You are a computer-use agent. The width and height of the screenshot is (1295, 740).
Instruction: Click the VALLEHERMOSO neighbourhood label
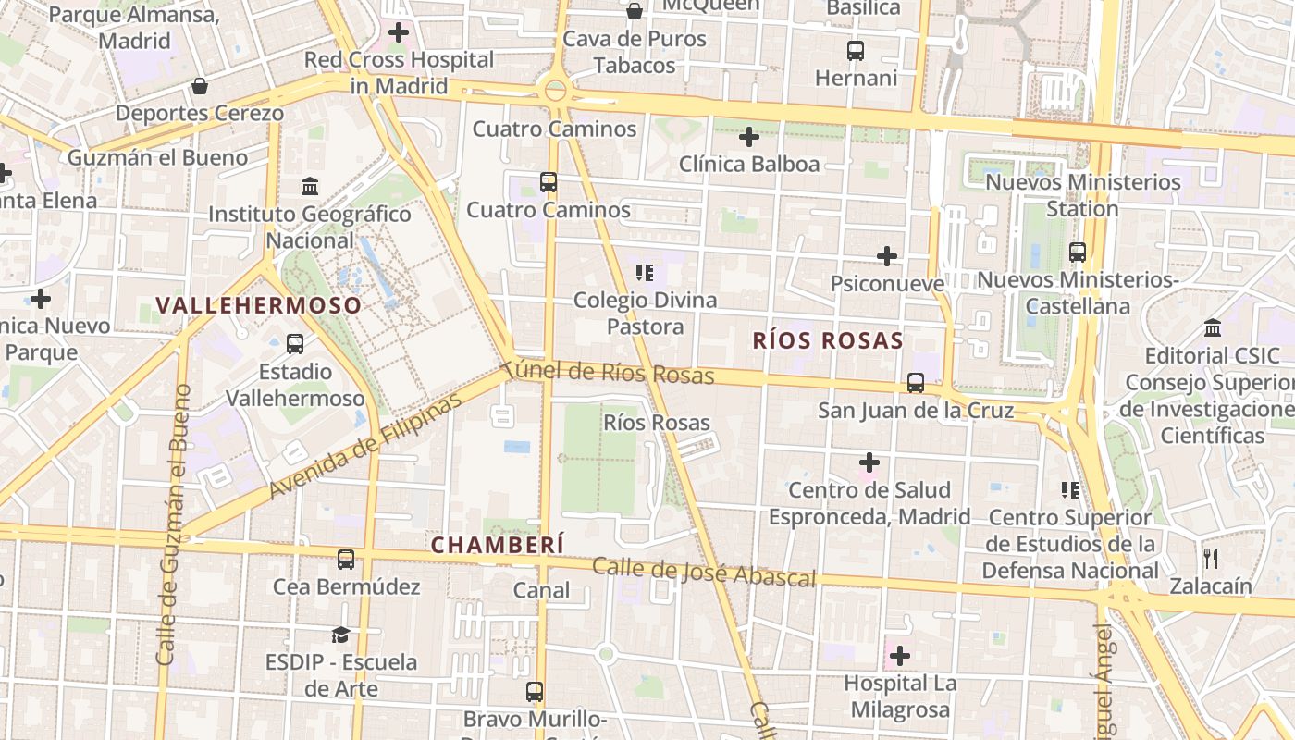258,305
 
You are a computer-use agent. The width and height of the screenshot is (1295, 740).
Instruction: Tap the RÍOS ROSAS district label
827,340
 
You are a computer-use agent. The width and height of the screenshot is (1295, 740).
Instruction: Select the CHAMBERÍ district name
498,546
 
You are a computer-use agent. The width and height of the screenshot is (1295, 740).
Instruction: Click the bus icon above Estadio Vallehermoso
295,344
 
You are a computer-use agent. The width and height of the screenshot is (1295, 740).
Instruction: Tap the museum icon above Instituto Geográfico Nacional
310,186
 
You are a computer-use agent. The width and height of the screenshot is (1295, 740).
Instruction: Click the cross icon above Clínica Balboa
749,138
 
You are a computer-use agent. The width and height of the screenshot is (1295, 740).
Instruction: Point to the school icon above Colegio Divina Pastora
645,273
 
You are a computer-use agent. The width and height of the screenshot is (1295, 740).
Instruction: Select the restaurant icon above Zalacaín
1210,558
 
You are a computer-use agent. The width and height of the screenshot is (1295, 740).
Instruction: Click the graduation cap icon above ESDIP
341,635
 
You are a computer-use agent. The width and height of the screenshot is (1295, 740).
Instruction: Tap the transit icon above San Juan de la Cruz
916,382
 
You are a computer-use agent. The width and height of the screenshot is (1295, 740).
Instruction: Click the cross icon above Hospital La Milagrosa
899,656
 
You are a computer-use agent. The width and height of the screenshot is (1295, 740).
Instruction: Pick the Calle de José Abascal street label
704,573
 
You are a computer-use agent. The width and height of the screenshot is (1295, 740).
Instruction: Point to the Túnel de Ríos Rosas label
610,372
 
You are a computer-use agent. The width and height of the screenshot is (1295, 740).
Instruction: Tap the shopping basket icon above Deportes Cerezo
200,86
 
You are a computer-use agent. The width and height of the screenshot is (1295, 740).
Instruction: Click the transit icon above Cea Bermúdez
346,559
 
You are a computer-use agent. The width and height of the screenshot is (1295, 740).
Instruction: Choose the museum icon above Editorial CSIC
1213,328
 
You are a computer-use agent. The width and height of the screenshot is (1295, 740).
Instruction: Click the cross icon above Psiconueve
887,255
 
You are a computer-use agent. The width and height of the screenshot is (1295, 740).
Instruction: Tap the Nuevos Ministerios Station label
1082,195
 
